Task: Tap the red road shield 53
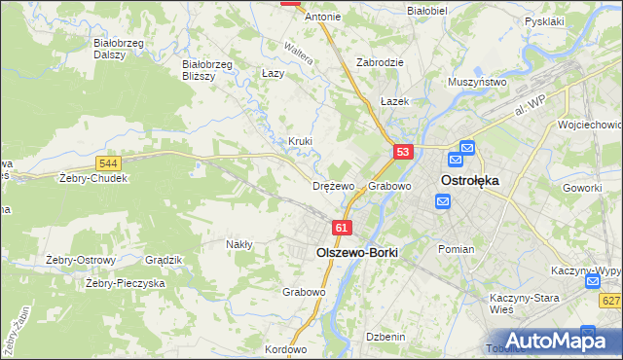pos(404,152)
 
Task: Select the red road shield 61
pos(341,228)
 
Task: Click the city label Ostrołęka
pos(470,181)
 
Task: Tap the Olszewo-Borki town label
pos(357,250)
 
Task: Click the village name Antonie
pos(323,17)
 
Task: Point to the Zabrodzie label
pos(380,61)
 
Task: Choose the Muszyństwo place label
pos(477,83)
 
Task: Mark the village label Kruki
pos(300,141)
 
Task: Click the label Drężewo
pos(333,186)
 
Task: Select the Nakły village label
pos(239,244)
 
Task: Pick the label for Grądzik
pos(164,260)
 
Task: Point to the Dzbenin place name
pos(385,336)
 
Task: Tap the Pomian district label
pos(456,249)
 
